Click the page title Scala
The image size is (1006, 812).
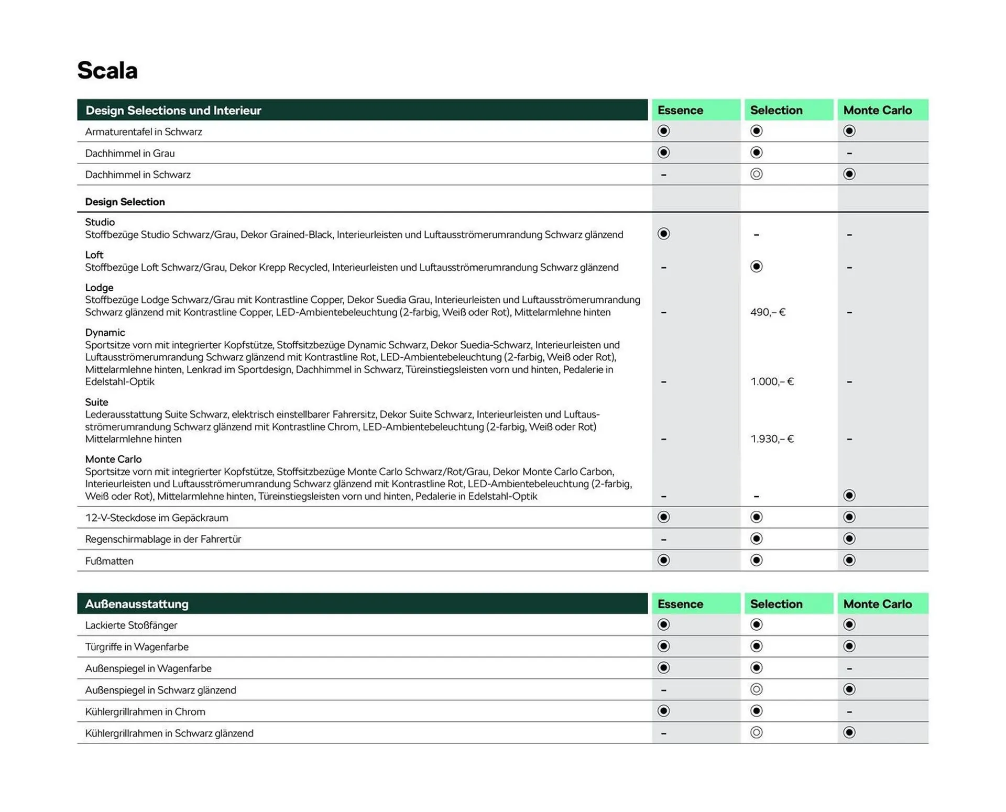[x=107, y=70]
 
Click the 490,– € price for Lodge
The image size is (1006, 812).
[x=768, y=312]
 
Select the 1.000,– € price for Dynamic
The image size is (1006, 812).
[x=772, y=381]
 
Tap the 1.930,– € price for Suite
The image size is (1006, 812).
[x=772, y=438]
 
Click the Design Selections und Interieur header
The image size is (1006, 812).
[x=173, y=111]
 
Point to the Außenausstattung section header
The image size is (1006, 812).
[x=137, y=604]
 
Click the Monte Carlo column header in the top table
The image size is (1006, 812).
[x=877, y=111]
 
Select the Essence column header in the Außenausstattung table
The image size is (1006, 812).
[x=680, y=604]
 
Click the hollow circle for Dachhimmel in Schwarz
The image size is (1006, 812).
[x=756, y=174]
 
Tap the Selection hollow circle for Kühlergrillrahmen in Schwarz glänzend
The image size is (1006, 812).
[x=756, y=732]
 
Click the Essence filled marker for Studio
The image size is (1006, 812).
[x=663, y=234]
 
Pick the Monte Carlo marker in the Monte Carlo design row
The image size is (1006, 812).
[x=849, y=495]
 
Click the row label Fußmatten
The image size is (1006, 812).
[x=109, y=561]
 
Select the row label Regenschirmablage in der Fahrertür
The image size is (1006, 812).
[x=163, y=539]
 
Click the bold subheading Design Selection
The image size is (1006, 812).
[x=125, y=202]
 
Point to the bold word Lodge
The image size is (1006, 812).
[x=99, y=288]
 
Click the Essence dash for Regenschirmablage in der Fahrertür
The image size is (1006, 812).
[x=663, y=539]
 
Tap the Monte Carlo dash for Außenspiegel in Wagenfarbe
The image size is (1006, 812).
[x=849, y=668]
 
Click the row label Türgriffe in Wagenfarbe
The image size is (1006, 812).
[x=137, y=647]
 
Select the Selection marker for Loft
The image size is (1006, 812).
[x=756, y=267]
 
